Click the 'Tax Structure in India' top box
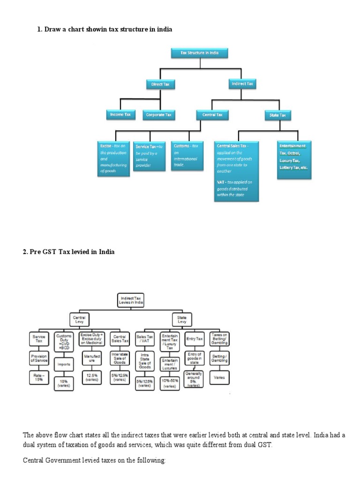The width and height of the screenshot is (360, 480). (x=200, y=53)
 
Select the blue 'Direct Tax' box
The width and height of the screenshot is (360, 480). (x=160, y=84)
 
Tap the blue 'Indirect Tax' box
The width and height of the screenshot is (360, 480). (x=242, y=84)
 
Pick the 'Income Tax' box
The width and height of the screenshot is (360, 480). (x=120, y=114)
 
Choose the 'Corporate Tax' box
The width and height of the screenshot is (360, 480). (x=159, y=114)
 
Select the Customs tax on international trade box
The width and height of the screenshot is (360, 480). (x=186, y=156)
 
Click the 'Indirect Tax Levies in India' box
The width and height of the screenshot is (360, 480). (x=130, y=300)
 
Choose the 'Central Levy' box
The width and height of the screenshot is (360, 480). (x=78, y=320)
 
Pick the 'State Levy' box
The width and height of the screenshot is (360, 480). (x=181, y=320)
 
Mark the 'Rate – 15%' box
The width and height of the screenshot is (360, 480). (x=38, y=377)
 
